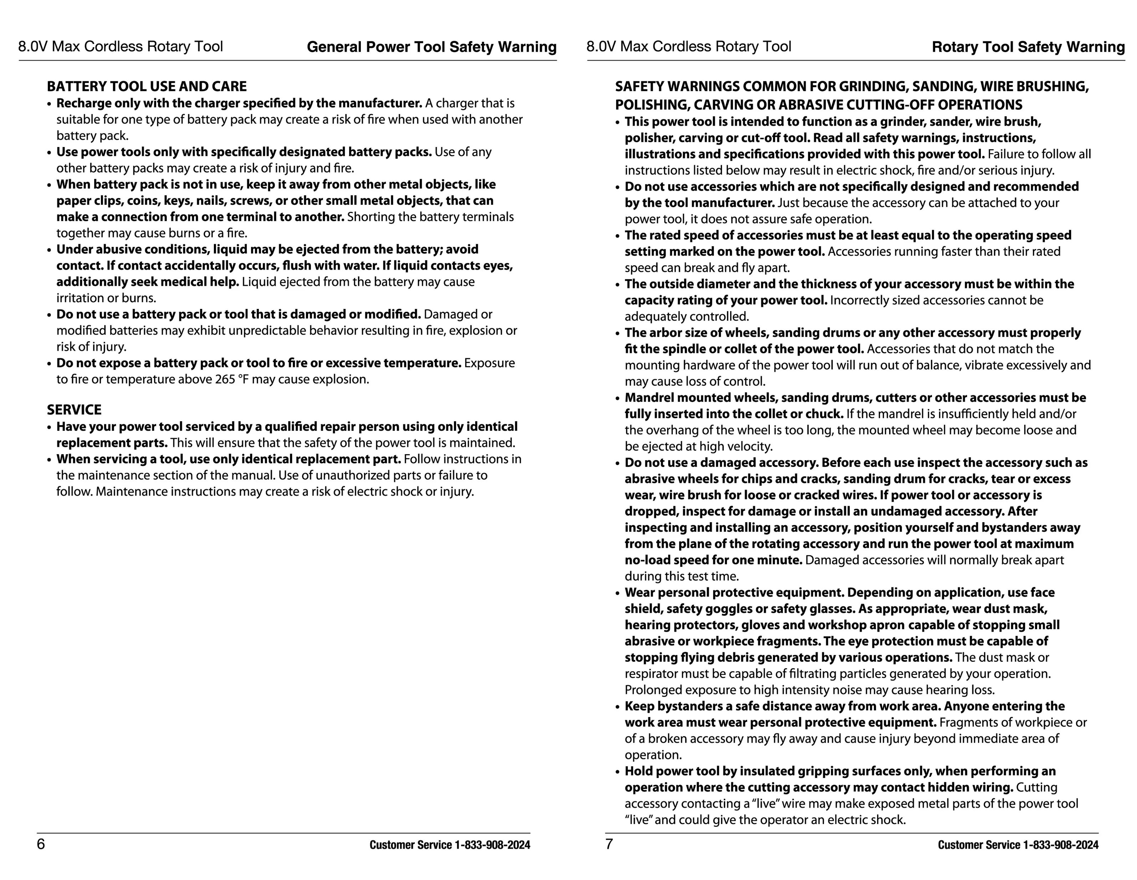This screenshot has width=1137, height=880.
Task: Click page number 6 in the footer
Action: [41, 844]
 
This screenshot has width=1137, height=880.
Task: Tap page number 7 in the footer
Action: [609, 844]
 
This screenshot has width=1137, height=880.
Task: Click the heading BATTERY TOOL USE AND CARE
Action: [147, 86]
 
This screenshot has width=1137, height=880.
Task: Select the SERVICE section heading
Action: [74, 410]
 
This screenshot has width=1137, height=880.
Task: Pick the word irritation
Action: [80, 298]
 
